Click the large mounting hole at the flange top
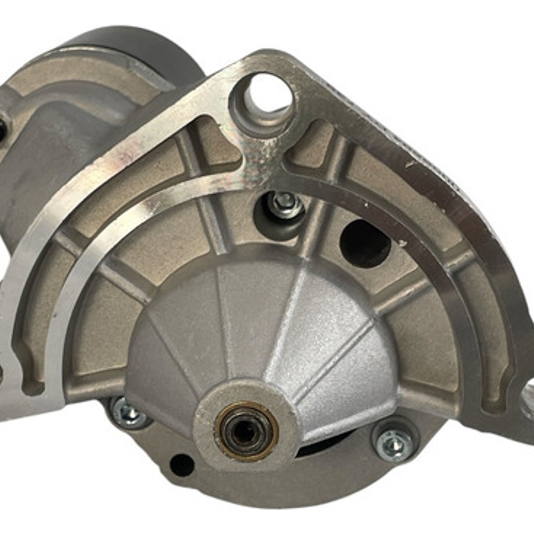click(x=267, y=97)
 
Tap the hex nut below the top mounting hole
click(x=284, y=202)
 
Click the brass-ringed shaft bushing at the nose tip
click(x=246, y=431)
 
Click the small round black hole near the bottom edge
click(x=182, y=464)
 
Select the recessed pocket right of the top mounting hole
click(x=317, y=144)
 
